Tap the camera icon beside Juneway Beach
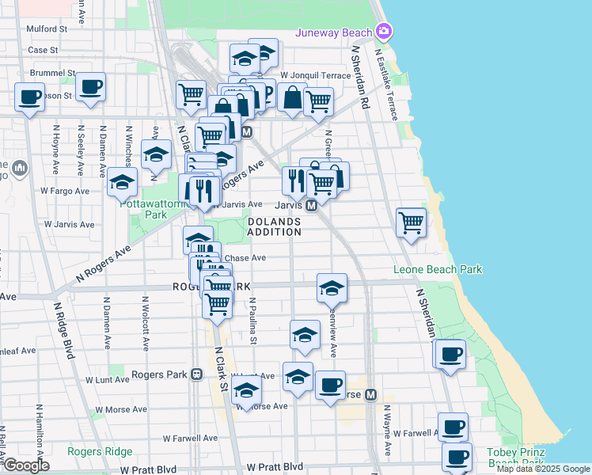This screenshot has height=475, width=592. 384,31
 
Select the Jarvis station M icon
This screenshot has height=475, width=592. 312,205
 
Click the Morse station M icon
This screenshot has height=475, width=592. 370,394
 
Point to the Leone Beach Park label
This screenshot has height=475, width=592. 438,270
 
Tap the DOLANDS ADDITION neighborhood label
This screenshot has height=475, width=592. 274,226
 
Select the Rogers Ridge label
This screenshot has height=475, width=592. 100,451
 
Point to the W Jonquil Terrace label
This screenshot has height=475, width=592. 316,75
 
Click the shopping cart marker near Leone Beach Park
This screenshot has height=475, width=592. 411,223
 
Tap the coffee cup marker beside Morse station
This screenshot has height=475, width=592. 330,386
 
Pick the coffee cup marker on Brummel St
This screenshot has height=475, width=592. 91,86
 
